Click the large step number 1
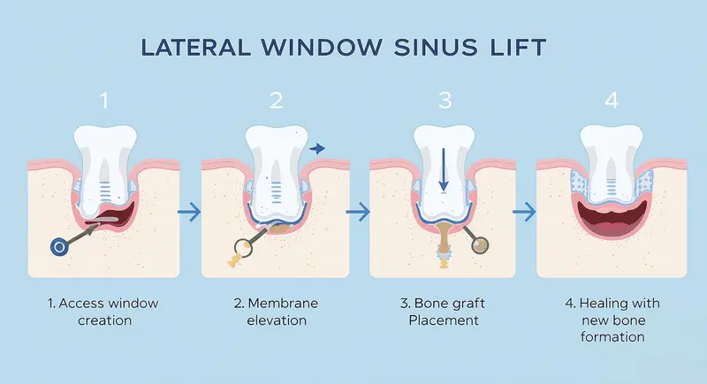click(x=105, y=101)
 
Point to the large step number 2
click(x=275, y=101)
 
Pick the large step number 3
click(x=445, y=101)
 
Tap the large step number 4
click(x=612, y=101)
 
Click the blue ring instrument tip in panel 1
click(x=60, y=246)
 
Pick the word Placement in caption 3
click(x=443, y=320)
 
